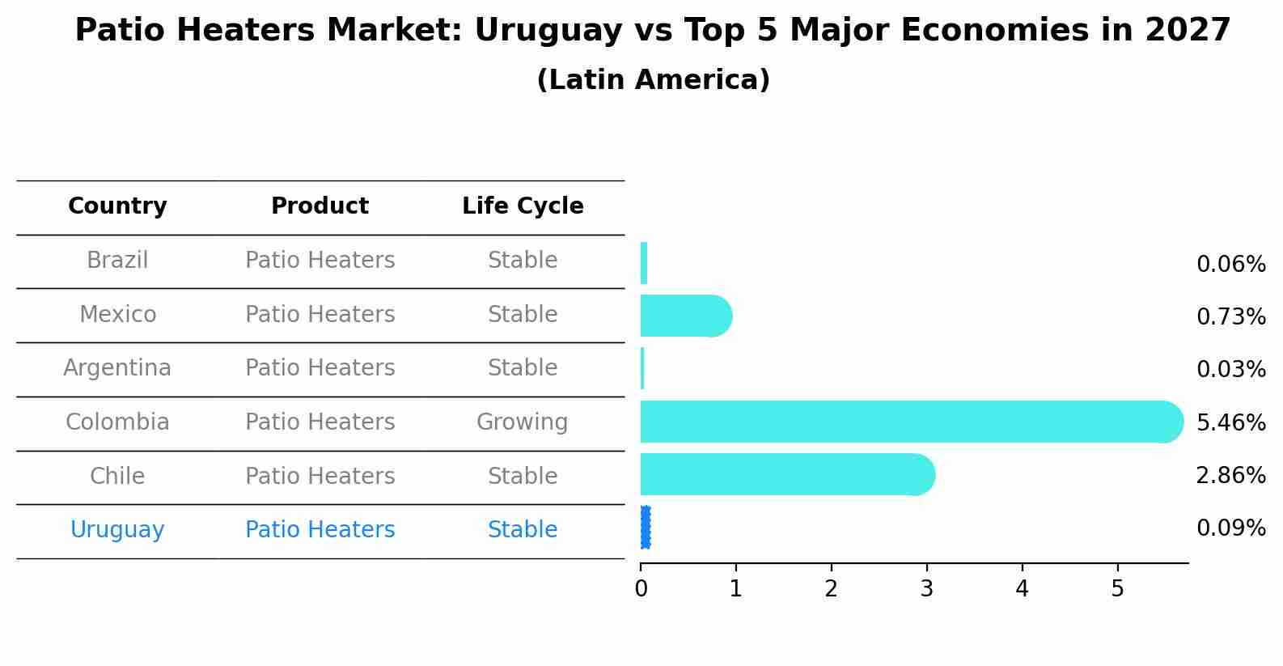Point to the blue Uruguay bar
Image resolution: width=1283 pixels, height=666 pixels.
click(645, 528)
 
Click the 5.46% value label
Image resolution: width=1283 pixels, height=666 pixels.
click(1230, 422)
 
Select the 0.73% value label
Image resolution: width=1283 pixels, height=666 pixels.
click(1230, 316)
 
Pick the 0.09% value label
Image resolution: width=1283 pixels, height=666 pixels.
click(1230, 528)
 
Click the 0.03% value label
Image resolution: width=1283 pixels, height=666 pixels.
click(1230, 370)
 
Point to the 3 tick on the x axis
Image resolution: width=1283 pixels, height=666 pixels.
click(927, 589)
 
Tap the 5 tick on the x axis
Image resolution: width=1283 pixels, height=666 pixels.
click(1118, 589)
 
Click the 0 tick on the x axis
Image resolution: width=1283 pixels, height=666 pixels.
click(641, 589)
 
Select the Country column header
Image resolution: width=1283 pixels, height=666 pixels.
click(117, 206)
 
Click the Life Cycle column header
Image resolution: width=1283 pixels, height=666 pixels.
click(523, 206)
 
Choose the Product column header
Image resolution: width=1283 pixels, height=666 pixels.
click(320, 206)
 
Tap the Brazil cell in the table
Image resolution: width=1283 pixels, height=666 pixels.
click(117, 261)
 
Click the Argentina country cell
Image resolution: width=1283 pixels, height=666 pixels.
click(117, 368)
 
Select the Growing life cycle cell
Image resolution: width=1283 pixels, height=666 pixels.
click(523, 422)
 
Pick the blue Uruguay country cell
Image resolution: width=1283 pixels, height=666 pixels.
click(117, 530)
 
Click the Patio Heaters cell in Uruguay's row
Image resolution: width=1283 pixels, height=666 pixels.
click(320, 530)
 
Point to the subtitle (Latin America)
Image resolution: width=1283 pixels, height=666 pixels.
click(653, 80)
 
